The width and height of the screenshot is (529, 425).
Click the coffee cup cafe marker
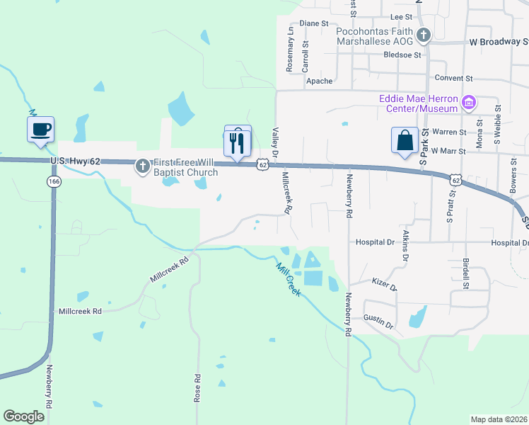40,130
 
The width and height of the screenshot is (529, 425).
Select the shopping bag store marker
405,140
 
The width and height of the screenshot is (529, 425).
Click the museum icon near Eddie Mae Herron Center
467,103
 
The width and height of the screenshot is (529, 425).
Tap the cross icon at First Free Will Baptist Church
142,166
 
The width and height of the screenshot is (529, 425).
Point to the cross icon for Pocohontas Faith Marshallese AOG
423,35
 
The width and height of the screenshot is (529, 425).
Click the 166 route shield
54,182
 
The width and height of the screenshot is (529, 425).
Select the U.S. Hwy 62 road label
76,161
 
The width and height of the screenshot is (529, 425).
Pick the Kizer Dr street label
385,285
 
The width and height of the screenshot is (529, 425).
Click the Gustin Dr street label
378,321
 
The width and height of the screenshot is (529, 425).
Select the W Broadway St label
498,42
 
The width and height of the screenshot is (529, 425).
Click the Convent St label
453,78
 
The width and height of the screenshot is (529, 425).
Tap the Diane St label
315,23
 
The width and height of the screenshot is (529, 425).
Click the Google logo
24,416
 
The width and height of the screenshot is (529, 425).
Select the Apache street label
319,81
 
